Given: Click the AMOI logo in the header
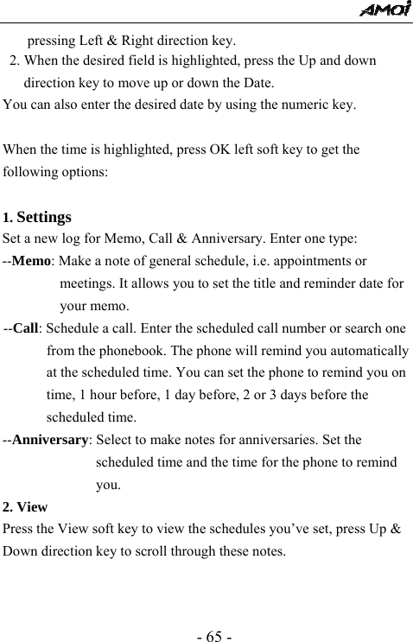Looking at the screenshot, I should pyautogui.click(x=385, y=10).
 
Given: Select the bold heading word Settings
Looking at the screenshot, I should pyautogui.click(x=43, y=218).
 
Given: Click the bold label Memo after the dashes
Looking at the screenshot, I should pyautogui.click(x=31, y=261).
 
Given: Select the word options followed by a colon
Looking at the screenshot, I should pyautogui.click(x=82, y=172).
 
